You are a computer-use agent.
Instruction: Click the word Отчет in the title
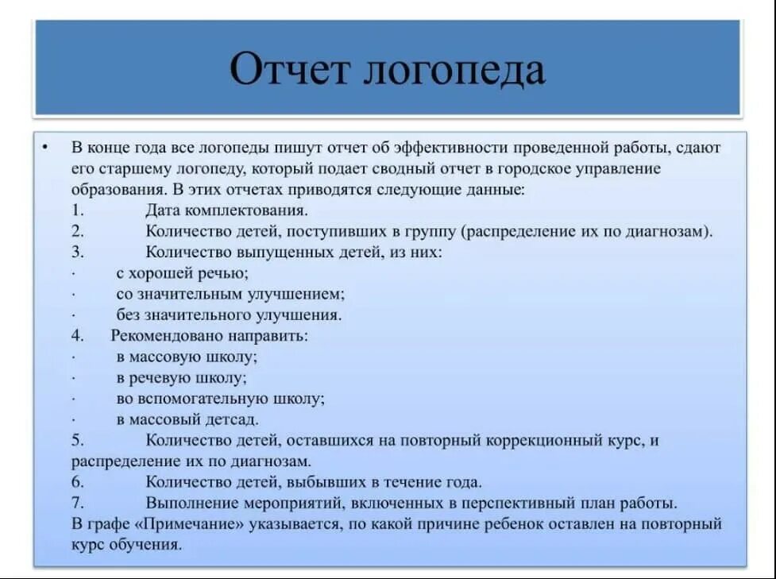pos(289,70)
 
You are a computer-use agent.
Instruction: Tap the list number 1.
pos(76,211)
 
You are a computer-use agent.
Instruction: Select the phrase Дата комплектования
pos(226,211)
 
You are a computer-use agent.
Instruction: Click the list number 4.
pos(76,336)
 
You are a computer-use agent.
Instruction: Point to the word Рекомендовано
pos(164,336)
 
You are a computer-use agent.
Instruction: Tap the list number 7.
pos(76,503)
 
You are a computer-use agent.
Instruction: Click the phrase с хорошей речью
pos(182,273)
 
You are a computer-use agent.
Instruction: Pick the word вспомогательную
pos(203,398)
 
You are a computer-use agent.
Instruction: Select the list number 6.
pos(76,482)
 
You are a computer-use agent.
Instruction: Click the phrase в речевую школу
pos(181,377)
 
